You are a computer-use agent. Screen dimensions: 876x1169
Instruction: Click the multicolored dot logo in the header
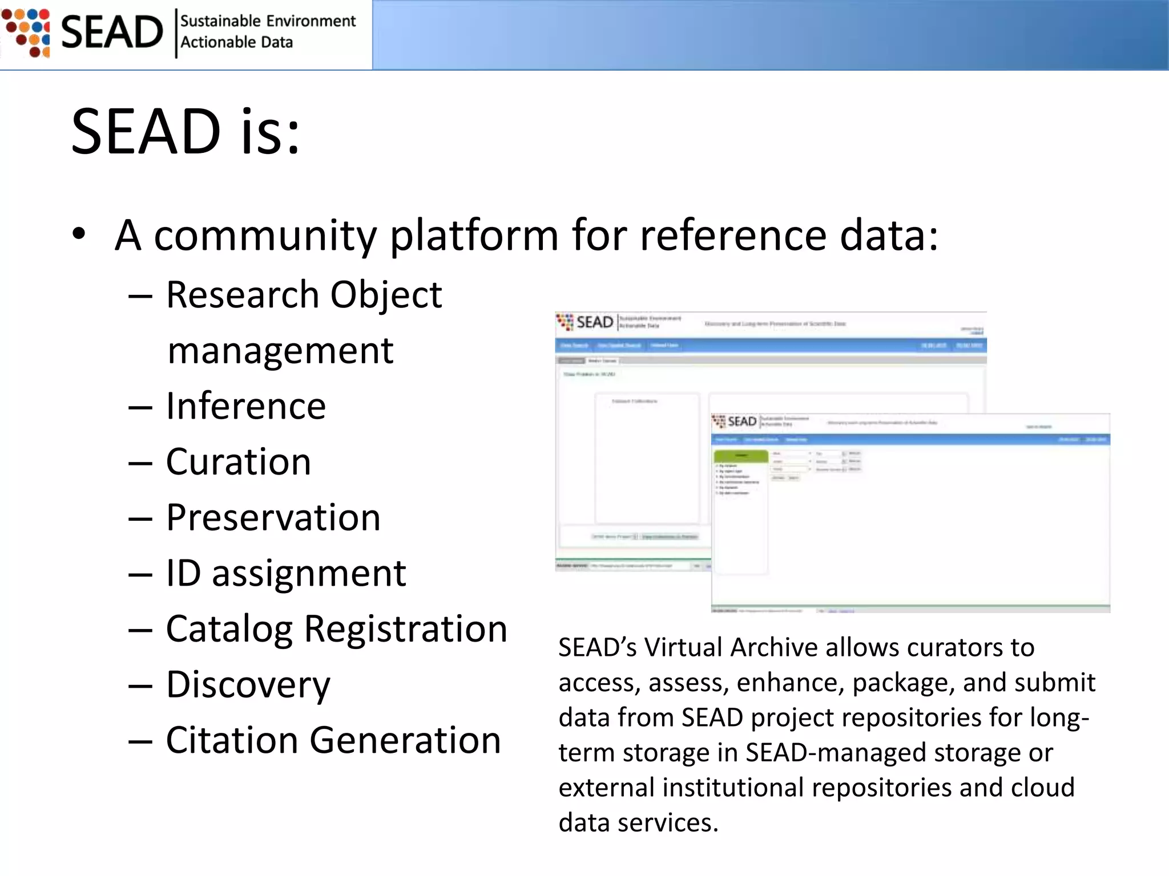[x=27, y=33]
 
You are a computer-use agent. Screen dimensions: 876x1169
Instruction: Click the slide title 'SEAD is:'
[x=186, y=132]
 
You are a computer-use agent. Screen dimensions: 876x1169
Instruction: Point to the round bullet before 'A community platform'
[x=79, y=234]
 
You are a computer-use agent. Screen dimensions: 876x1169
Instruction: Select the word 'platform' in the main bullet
[x=474, y=235]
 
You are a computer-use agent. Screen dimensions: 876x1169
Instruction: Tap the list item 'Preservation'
[x=273, y=517]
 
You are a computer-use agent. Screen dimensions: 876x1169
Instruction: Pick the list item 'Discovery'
[x=248, y=684]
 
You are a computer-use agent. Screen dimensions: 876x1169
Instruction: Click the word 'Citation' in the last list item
[x=232, y=740]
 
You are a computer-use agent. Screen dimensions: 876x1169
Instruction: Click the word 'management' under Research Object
[x=280, y=350]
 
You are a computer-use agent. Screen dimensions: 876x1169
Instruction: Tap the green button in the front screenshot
[x=741, y=455]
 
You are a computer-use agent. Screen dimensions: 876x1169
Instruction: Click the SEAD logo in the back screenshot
[x=586, y=322]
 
